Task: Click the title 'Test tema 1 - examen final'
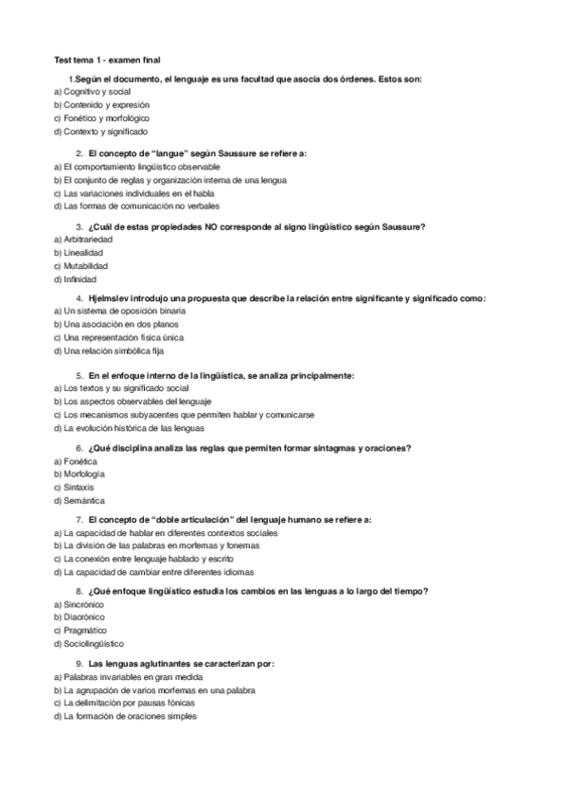pyautogui.click(x=107, y=59)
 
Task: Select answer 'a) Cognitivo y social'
pyautogui.click(x=93, y=92)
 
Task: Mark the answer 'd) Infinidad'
pyautogui.click(x=81, y=280)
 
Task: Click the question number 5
pyautogui.click(x=78, y=375)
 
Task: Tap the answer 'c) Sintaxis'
pyautogui.click(x=80, y=487)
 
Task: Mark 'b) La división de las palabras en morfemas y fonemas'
pyautogui.click(x=157, y=545)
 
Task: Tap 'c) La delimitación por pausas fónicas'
pyautogui.click(x=129, y=704)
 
